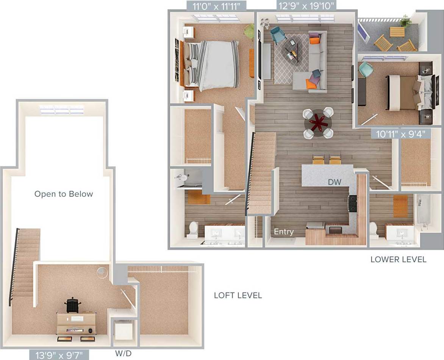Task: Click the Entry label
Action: click(283, 232)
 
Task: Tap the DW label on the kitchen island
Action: click(335, 182)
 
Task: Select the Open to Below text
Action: click(64, 194)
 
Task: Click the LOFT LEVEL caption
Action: click(238, 295)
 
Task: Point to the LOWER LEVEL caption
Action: click(398, 260)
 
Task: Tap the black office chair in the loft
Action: click(72, 305)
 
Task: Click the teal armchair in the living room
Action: click(278, 35)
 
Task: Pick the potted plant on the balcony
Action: click(406, 21)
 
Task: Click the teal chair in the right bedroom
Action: click(366, 69)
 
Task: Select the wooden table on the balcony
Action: click(397, 31)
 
